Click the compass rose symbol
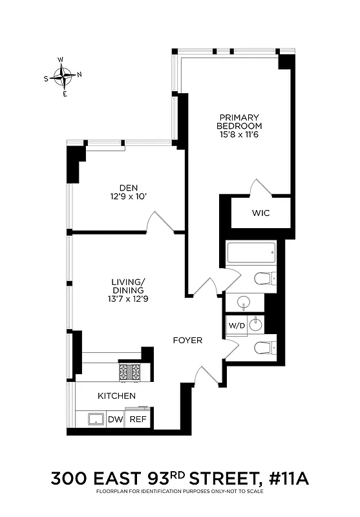click(x=63, y=76)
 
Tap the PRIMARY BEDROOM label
click(x=238, y=121)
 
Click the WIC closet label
click(x=260, y=213)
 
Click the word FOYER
click(x=187, y=340)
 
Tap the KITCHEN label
click(x=116, y=396)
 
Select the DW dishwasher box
click(x=115, y=419)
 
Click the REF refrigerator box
click(x=138, y=419)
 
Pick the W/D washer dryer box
click(x=237, y=325)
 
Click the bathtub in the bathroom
click(x=251, y=253)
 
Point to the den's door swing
click(x=158, y=222)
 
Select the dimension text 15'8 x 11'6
click(x=238, y=135)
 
